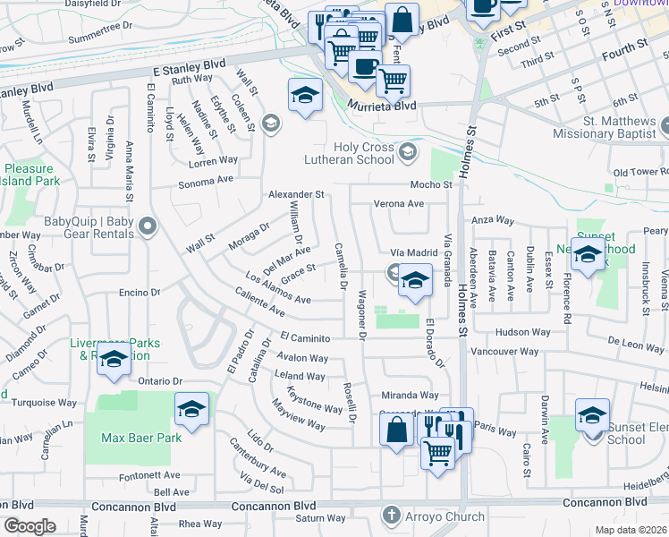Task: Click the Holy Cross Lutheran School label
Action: coord(363,153)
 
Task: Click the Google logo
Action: coord(30,526)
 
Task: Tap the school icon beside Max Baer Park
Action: coord(191,409)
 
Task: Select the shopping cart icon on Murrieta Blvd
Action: coord(393,81)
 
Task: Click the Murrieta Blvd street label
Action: coord(382,106)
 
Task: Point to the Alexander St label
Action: coord(296,194)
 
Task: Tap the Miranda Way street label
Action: coord(410,395)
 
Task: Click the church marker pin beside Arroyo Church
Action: coord(391,516)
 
